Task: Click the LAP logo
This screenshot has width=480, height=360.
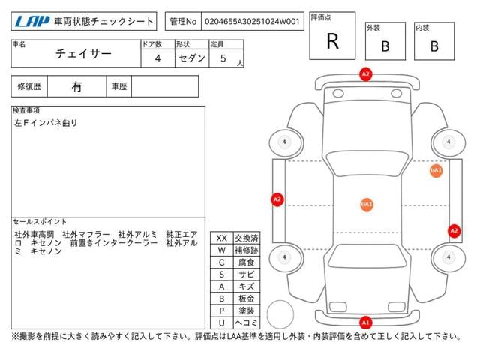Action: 29,22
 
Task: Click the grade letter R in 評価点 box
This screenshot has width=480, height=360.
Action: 333,41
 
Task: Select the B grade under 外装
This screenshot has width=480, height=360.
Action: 385,46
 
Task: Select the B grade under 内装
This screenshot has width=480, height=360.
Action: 434,46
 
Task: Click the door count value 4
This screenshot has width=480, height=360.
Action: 157,58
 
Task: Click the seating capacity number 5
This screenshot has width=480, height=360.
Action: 223,58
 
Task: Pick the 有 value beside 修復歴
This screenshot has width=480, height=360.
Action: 76,86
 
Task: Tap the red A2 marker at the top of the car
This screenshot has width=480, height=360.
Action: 365,74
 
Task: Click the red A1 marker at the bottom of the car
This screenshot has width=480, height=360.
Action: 365,322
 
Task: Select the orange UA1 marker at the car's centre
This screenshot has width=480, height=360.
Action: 367,204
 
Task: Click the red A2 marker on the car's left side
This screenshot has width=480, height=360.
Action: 277,199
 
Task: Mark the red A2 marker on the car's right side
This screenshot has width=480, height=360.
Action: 454,230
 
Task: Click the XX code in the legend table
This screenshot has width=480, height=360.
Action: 221,238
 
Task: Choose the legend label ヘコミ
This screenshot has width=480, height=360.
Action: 246,322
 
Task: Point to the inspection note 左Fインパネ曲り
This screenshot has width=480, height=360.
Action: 46,122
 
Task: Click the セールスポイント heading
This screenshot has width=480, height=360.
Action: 40,222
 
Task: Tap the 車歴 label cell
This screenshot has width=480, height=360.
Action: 119,86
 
